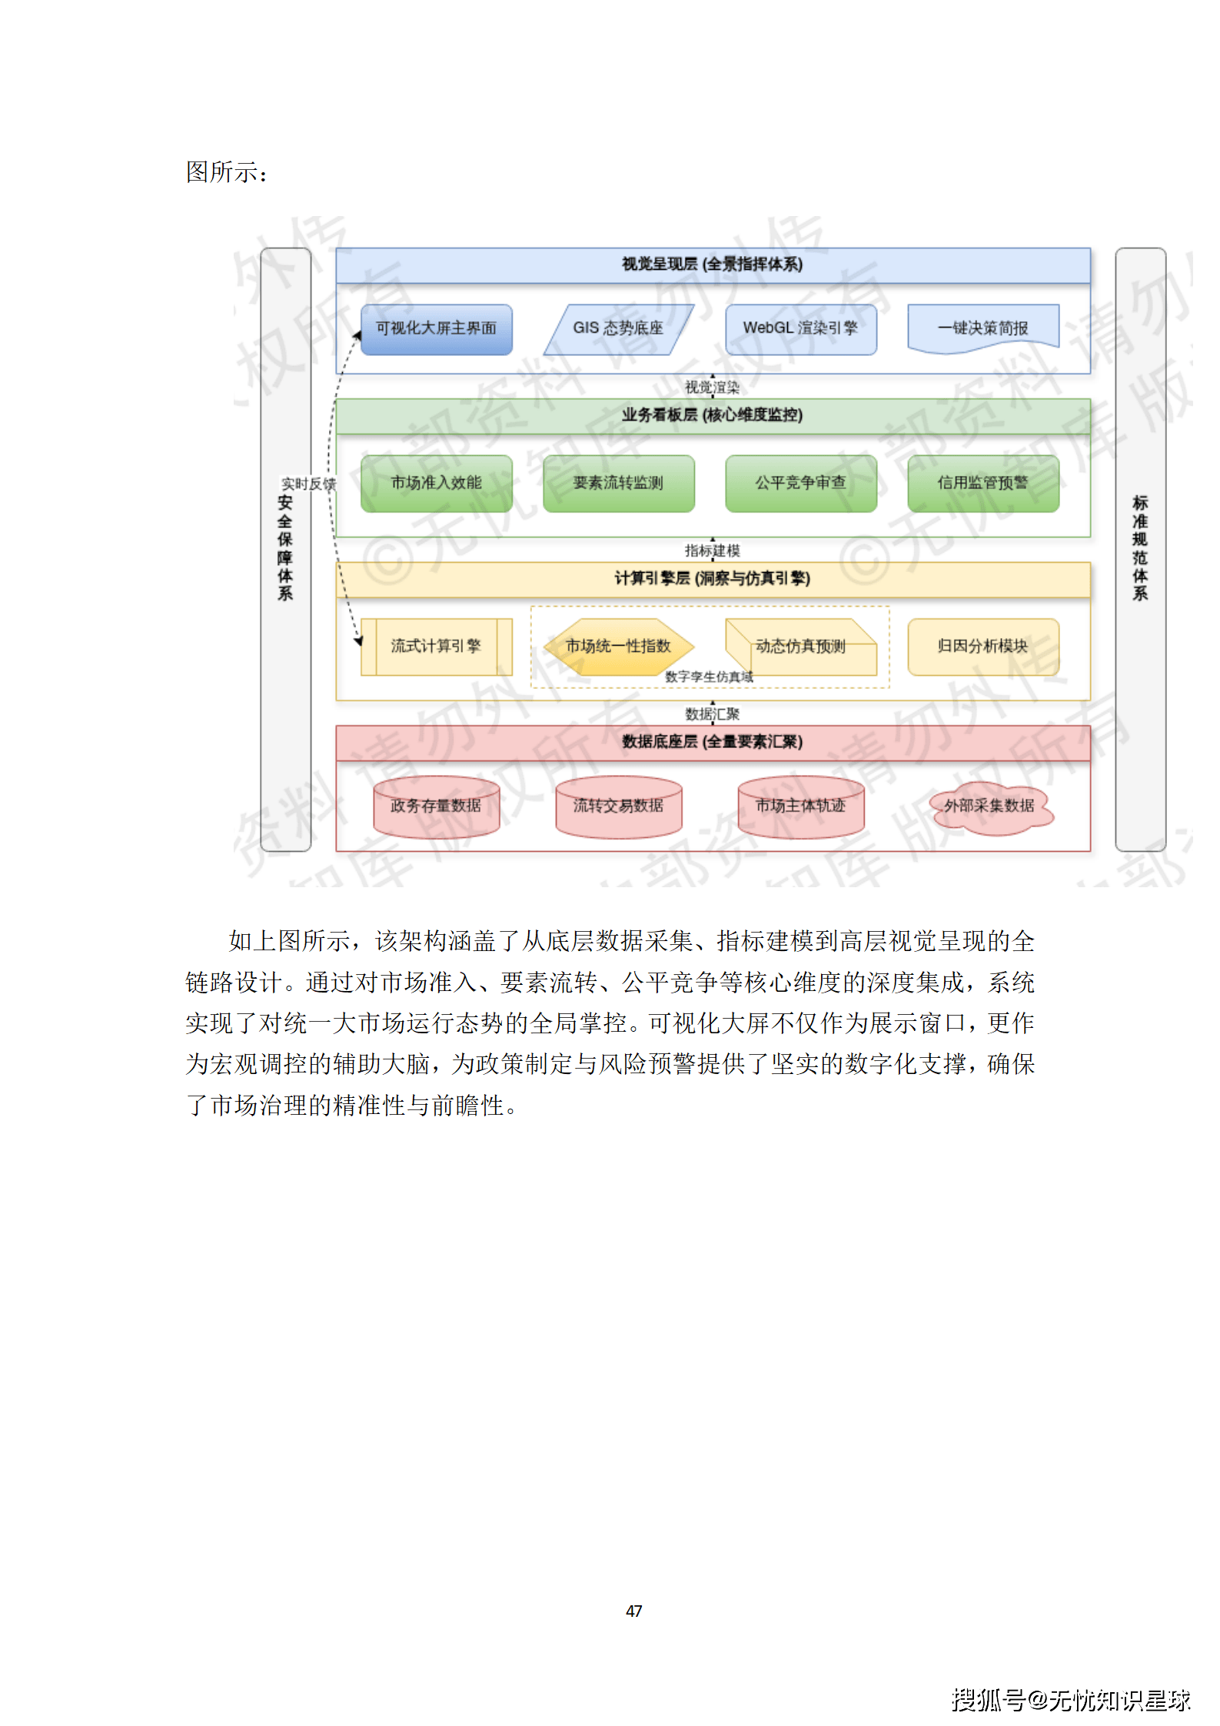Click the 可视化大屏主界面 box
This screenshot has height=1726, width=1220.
coord(436,329)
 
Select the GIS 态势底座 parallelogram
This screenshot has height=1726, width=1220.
coord(618,329)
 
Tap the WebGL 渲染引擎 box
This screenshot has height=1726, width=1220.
coord(800,329)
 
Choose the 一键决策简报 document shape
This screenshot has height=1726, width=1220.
coord(982,328)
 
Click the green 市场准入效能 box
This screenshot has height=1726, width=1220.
coord(436,483)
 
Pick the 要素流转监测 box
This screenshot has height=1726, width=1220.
coord(618,483)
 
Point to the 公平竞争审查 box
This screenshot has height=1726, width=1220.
coord(800,483)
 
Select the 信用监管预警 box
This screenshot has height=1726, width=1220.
coord(982,483)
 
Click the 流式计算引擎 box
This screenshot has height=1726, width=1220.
coord(436,647)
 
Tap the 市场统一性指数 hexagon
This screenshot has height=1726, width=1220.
coord(618,647)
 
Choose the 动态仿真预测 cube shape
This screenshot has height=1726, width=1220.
coord(800,647)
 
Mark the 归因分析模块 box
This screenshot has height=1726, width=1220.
coord(982,647)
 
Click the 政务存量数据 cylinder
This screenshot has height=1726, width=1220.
coord(436,806)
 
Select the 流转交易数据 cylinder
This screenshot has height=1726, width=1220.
coord(618,806)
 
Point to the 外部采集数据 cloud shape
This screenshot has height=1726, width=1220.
coord(989,806)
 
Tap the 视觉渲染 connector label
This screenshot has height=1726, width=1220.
coord(712,387)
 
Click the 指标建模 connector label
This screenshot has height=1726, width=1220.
coord(712,550)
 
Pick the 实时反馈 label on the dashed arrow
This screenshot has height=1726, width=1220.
coord(308,484)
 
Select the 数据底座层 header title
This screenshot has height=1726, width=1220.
coord(712,742)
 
